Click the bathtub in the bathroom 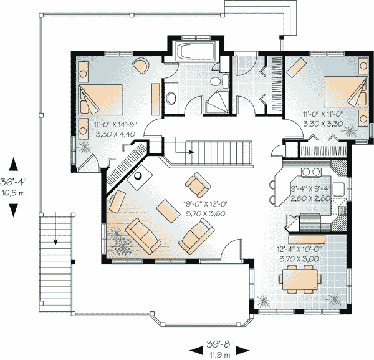pyautogui.click(x=195, y=51)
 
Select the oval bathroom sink pyautogui.click(x=171, y=98)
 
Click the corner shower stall pyautogui.click(x=217, y=101)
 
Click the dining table pyautogui.click(x=300, y=280)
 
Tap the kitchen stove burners pyautogui.click(x=311, y=172)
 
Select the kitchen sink pyautogui.click(x=338, y=189)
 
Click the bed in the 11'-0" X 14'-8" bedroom pyautogui.click(x=100, y=99)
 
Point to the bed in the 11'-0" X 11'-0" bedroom pyautogui.click(x=345, y=92)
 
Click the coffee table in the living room pyautogui.click(x=168, y=212)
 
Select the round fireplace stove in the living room pyautogui.click(x=138, y=176)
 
